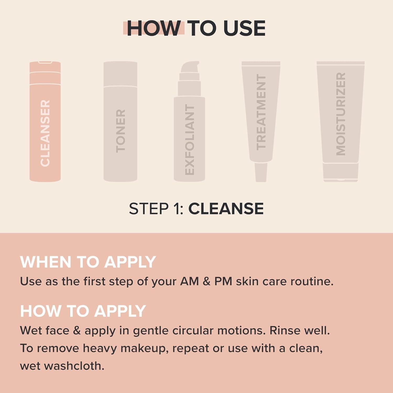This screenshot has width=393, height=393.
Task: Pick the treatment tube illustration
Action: [261, 113]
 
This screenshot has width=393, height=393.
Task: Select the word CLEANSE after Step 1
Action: [226, 209]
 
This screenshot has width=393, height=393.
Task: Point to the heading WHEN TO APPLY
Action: [88, 262]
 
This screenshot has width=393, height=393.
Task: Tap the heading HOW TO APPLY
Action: [83, 311]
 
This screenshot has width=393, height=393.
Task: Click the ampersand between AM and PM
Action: [207, 281]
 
